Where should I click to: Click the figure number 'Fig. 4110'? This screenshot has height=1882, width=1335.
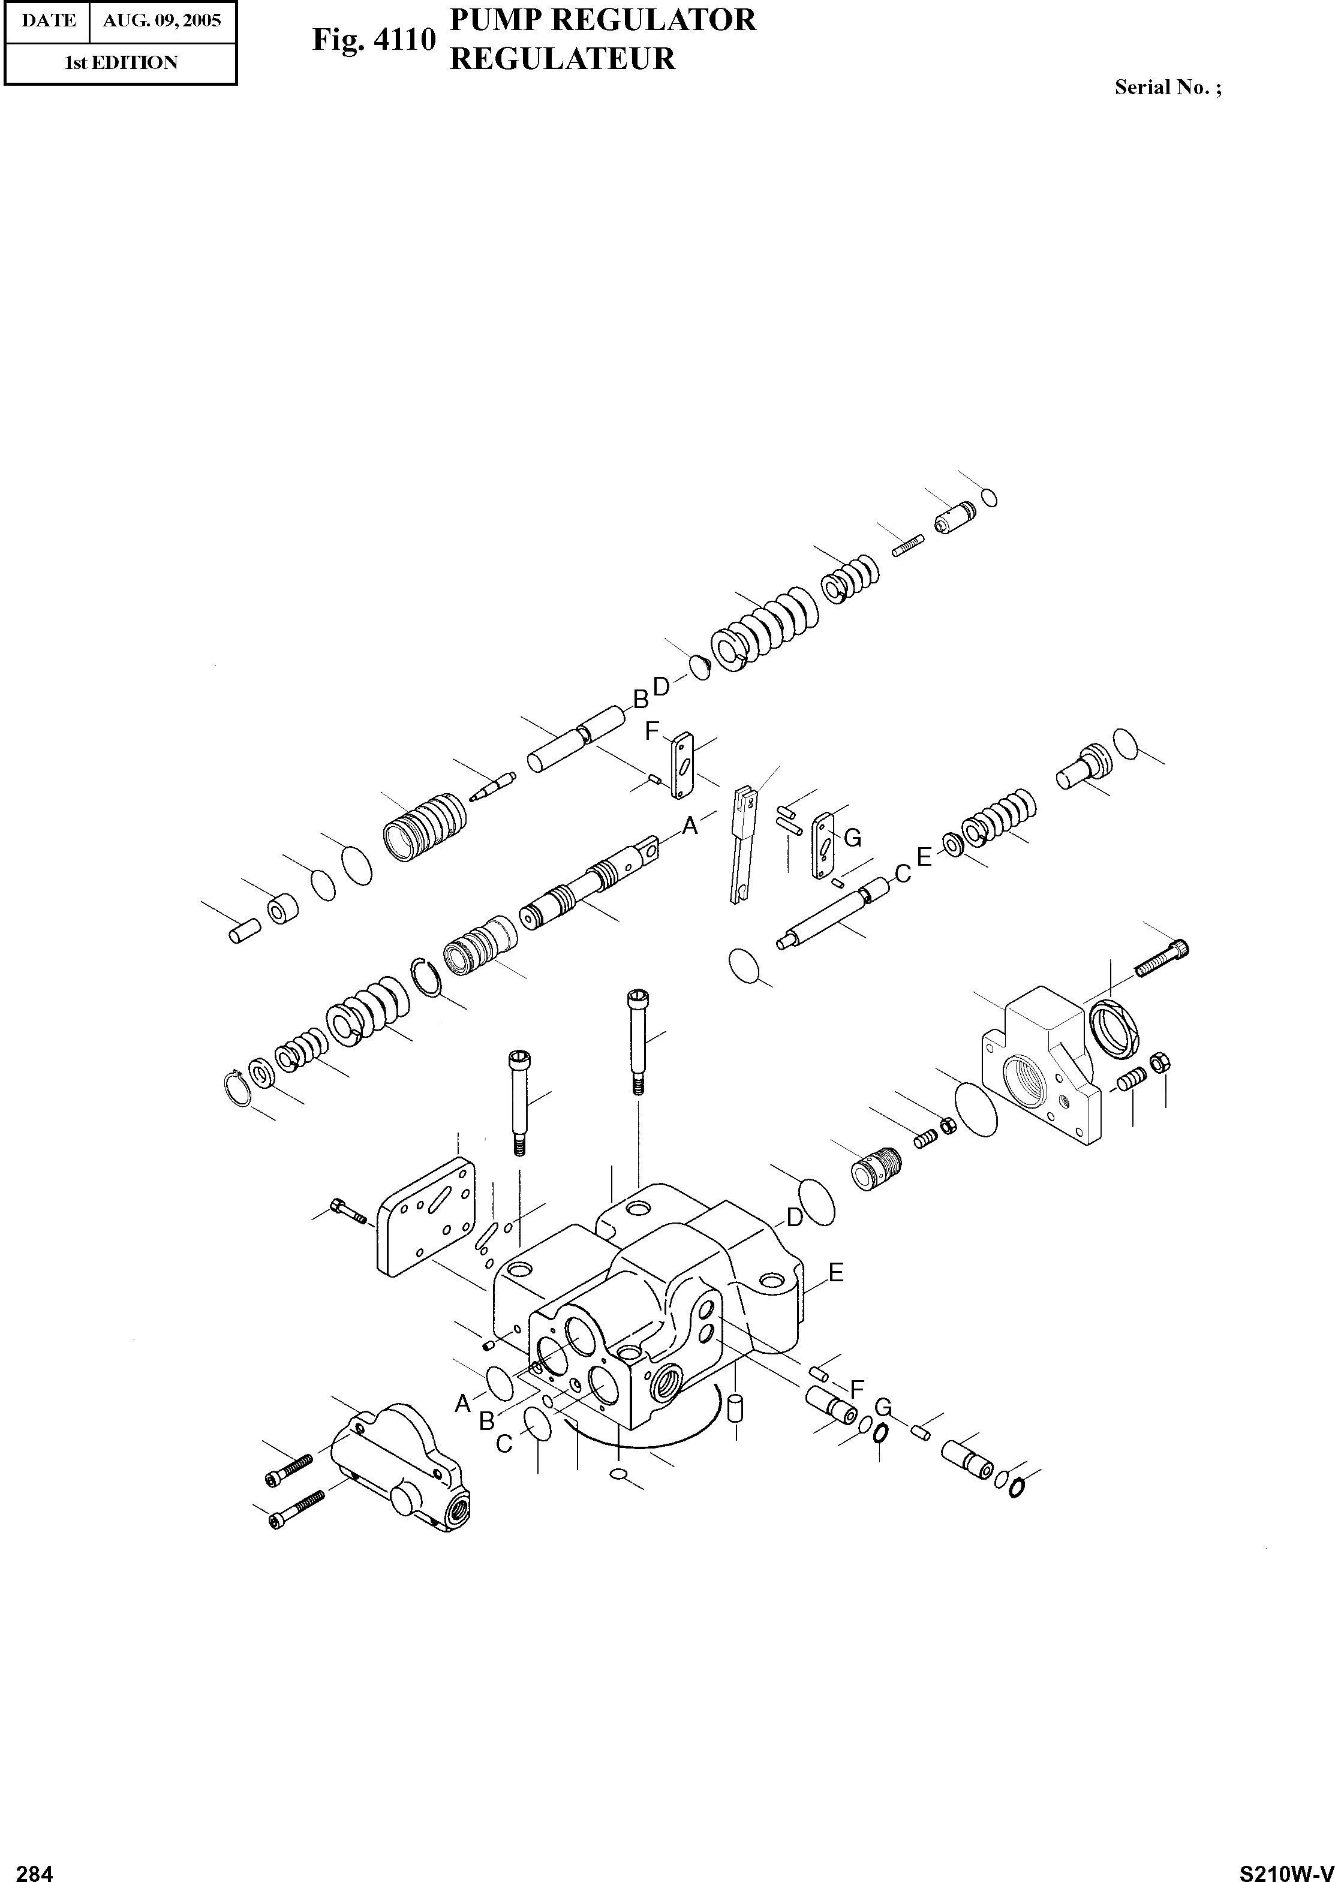373,40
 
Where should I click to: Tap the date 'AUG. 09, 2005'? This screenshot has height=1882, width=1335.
162,20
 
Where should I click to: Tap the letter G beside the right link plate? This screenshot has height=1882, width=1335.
852,838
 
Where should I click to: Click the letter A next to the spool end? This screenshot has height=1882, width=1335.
690,825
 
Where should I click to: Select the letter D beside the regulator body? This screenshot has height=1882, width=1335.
794,1217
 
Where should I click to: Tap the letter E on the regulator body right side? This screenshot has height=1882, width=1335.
836,1272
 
